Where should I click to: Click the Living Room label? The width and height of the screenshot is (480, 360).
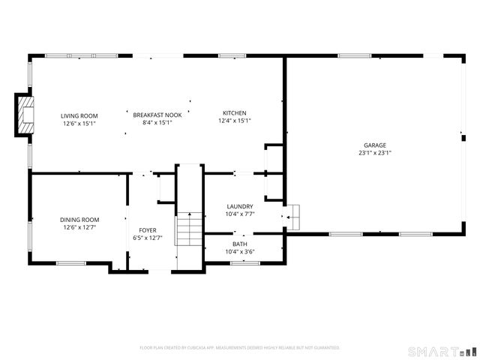pyautogui.click(x=79, y=116)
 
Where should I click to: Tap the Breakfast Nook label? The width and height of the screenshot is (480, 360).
pyautogui.click(x=157, y=115)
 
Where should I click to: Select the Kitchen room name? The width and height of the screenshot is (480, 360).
pyautogui.click(x=235, y=113)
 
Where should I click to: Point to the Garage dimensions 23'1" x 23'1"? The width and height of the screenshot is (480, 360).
pyautogui.click(x=375, y=153)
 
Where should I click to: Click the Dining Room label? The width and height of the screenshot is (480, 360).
pyautogui.click(x=79, y=220)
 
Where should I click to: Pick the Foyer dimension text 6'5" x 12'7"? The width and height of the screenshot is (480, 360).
pyautogui.click(x=148, y=238)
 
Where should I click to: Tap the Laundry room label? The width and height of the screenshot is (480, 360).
pyautogui.click(x=240, y=207)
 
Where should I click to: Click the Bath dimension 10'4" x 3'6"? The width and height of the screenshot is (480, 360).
pyautogui.click(x=240, y=252)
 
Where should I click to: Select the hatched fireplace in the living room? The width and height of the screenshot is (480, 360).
pyautogui.click(x=25, y=115)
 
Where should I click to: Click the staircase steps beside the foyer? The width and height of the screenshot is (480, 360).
pyautogui.click(x=188, y=229)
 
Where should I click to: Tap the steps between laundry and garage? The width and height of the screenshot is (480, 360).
pyautogui.click(x=293, y=217)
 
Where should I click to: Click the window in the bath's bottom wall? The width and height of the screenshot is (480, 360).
pyautogui.click(x=245, y=263)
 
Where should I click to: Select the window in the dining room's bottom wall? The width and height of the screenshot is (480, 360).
pyautogui.click(x=71, y=263)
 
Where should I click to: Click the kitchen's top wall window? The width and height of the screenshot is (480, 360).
pyautogui.click(x=232, y=55)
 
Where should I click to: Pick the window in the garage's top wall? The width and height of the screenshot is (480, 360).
pyautogui.click(x=355, y=55)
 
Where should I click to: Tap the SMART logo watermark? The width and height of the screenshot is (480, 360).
pyautogui.click(x=442, y=352)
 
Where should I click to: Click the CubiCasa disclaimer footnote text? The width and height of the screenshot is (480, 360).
pyautogui.click(x=240, y=348)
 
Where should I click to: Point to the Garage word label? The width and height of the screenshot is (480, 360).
pyautogui.click(x=375, y=145)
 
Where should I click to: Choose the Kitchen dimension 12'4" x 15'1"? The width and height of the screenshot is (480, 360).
pyautogui.click(x=235, y=121)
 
